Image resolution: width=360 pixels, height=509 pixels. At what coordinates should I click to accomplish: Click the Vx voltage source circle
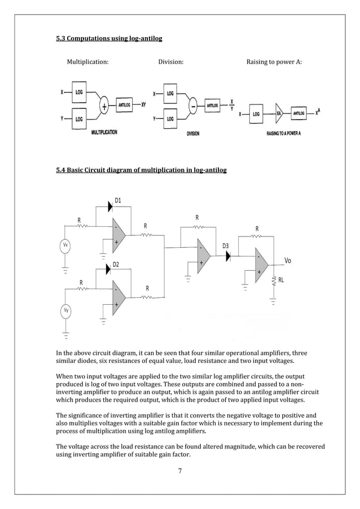point(65,245)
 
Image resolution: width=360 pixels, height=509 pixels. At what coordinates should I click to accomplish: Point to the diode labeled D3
point(228,255)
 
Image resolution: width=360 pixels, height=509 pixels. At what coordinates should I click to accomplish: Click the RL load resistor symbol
point(274,280)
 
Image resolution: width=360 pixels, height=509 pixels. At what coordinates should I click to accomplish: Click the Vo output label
point(288,261)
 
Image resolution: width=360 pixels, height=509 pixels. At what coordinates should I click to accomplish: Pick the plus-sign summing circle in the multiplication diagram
point(104,106)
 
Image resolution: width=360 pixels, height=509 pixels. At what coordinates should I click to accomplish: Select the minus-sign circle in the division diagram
point(194,106)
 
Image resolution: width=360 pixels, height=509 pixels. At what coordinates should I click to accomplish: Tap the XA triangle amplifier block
point(279,113)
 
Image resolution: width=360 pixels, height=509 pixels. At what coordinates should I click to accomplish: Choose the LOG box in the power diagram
point(256,113)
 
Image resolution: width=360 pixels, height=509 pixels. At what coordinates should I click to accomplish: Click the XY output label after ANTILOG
point(144,105)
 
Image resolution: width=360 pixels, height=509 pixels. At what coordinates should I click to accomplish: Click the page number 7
point(180,472)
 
